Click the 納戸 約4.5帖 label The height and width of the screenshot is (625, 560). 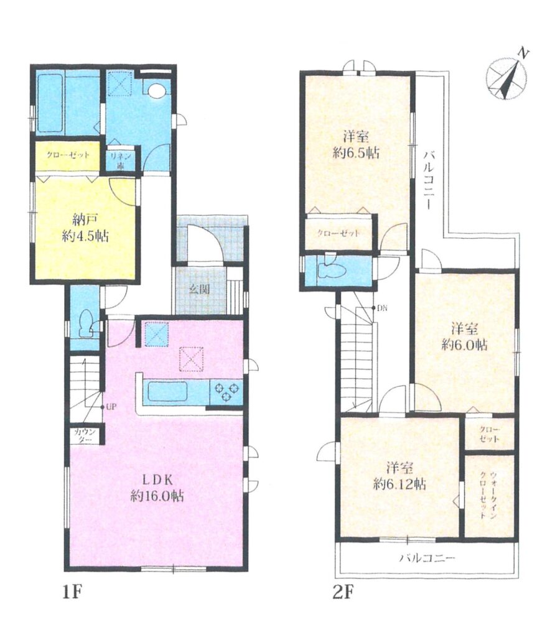tap(85, 228)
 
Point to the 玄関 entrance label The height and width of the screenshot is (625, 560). tap(199, 289)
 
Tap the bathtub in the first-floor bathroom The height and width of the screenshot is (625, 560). tap(49, 105)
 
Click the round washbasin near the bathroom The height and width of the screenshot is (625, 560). tap(156, 91)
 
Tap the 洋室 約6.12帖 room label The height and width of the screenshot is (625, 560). tap(399, 476)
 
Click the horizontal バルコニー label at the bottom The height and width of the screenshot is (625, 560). tap(427, 557)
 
